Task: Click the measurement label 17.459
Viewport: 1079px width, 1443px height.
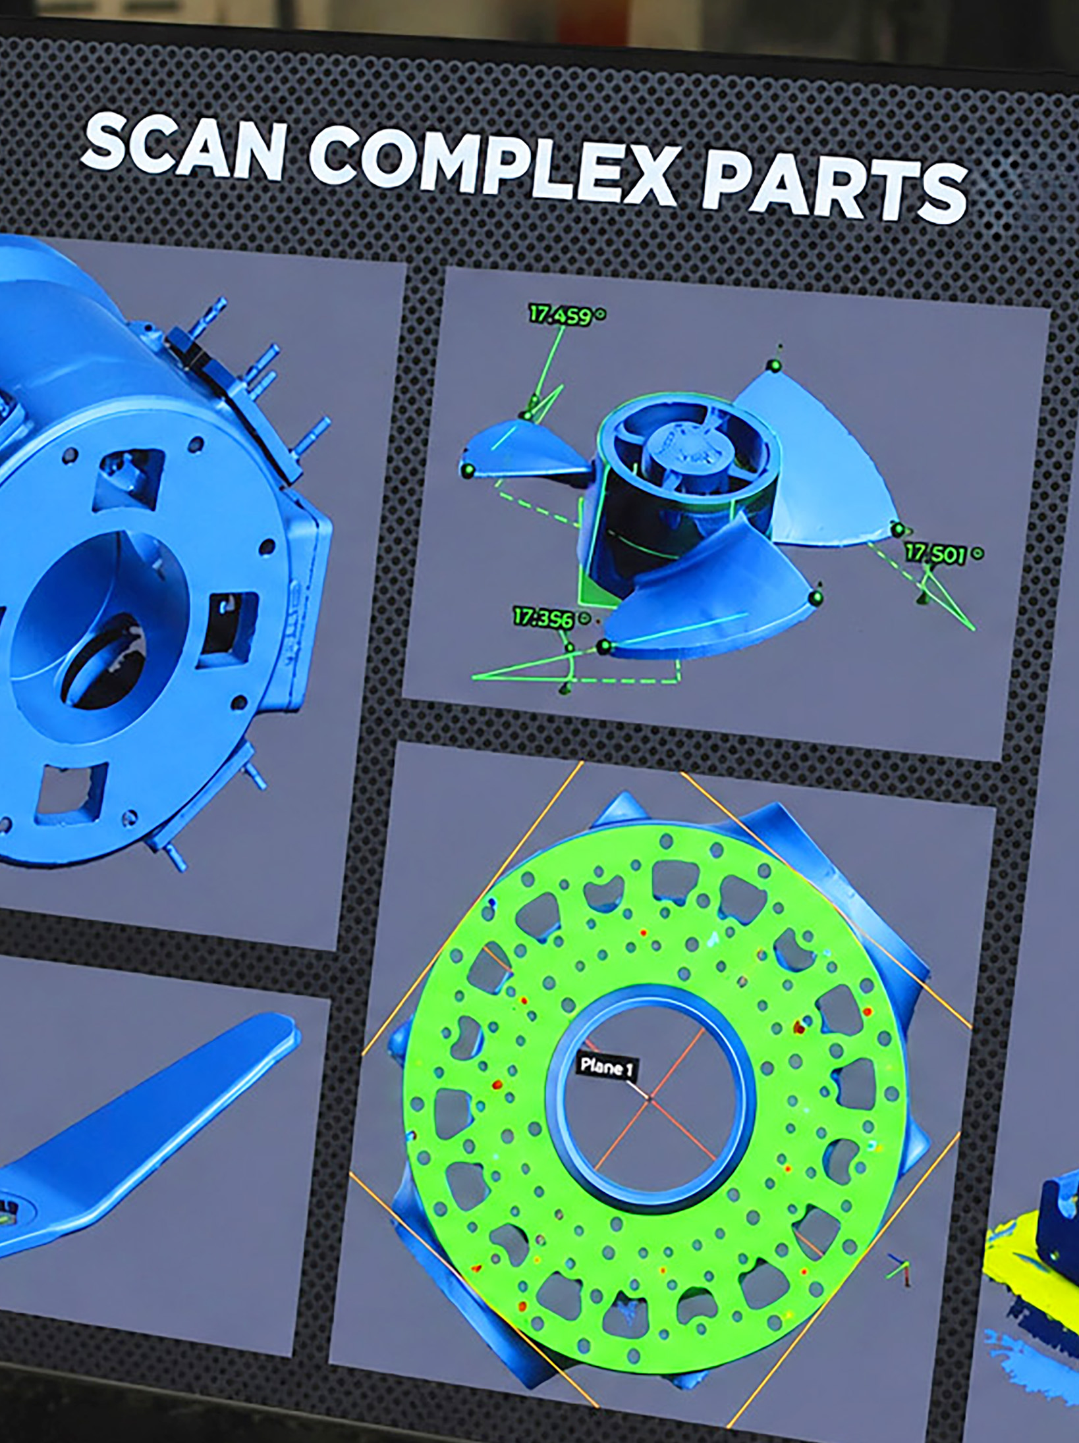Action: click(559, 315)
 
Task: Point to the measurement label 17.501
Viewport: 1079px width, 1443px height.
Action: click(935, 553)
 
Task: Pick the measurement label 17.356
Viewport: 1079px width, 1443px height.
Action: click(543, 617)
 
